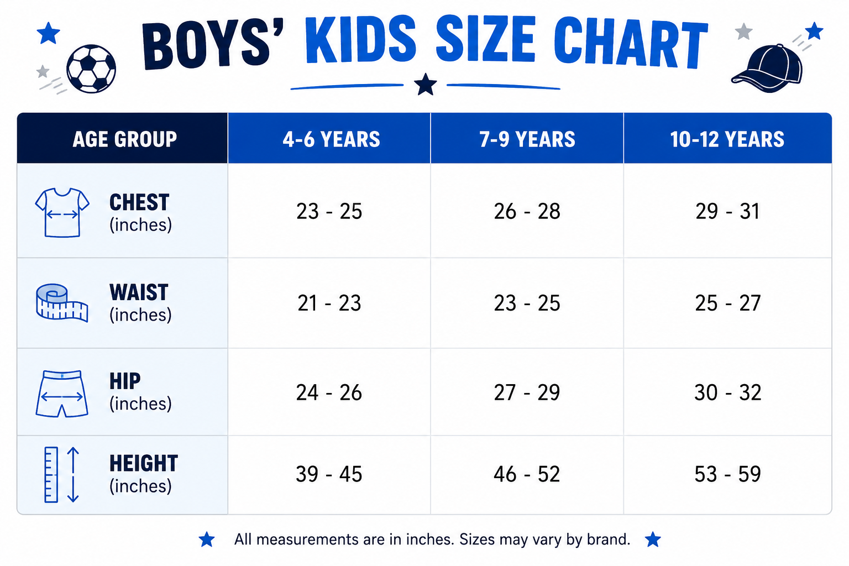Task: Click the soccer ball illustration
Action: coord(91,69)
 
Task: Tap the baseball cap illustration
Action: coord(768,69)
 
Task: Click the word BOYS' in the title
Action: coord(212,45)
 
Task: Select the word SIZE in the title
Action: coord(486,39)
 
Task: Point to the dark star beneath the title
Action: coord(425,85)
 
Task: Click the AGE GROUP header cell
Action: coord(122,138)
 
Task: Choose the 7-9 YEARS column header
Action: coord(527,138)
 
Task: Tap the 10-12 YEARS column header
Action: coord(727,138)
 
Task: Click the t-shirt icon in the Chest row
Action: coord(62,212)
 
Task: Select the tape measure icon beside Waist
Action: coord(62,302)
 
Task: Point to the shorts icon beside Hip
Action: coord(62,394)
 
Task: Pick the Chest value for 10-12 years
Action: coord(727,211)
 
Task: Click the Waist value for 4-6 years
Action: coord(329,303)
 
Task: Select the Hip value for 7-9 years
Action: coord(527,392)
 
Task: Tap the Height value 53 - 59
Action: coord(727,474)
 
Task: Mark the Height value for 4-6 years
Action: coord(329,474)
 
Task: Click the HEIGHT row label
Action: coord(144,463)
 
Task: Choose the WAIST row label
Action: coord(139,292)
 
